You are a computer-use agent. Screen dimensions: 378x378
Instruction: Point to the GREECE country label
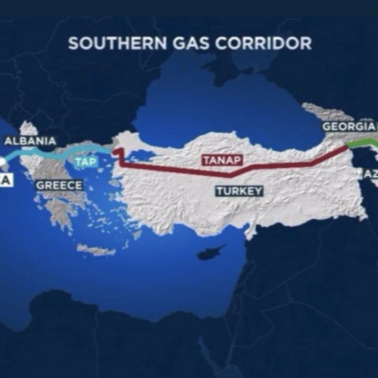tap(60, 185)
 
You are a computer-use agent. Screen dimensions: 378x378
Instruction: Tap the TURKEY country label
tap(239, 191)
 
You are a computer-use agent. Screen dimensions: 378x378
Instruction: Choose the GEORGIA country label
tap(349, 127)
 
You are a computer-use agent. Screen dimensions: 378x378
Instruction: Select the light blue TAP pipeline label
tap(86, 162)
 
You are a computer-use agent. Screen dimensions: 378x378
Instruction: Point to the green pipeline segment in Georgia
tap(361, 143)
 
